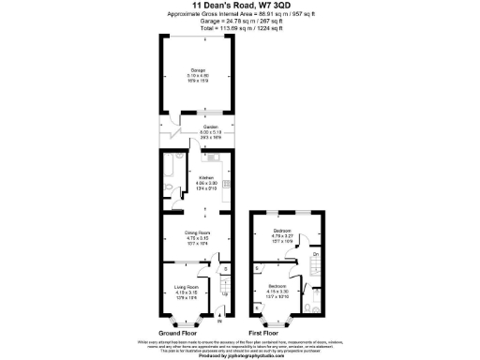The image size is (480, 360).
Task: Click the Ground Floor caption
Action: pyautogui.click(x=177, y=333)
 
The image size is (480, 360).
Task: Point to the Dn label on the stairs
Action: pyautogui.click(x=316, y=254)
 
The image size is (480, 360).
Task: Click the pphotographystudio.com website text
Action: pyautogui.click(x=239, y=355)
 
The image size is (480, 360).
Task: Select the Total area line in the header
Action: pyautogui.click(x=239, y=29)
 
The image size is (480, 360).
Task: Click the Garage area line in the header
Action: pyautogui.click(x=239, y=22)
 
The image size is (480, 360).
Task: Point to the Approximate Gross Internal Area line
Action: pyautogui.click(x=239, y=16)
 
